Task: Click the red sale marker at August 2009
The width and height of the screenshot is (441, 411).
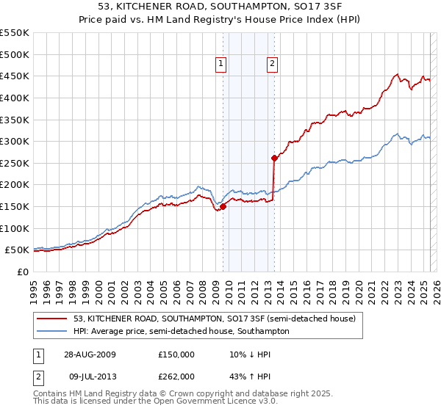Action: [x=223, y=206]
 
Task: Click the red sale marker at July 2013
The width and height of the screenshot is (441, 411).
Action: [x=274, y=157]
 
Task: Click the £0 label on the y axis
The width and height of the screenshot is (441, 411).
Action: [x=24, y=272]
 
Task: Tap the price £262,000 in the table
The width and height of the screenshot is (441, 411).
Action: [x=176, y=377]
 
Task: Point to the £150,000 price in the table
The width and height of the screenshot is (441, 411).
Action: [x=176, y=354]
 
